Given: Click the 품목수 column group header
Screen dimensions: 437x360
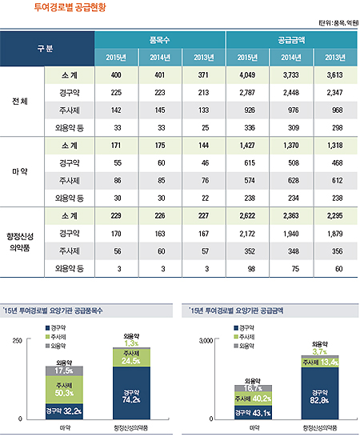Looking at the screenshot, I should (160, 38).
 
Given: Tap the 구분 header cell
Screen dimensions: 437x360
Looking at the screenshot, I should (47, 48).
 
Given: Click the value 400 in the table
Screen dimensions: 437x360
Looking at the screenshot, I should (116, 74).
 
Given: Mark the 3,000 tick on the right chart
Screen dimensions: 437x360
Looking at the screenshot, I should (203, 341).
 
